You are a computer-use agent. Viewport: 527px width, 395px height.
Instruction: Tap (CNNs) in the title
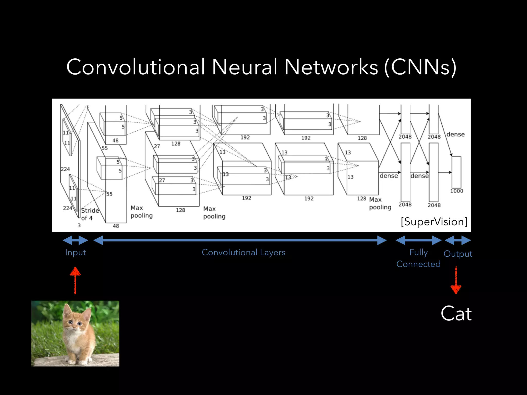coord(420,67)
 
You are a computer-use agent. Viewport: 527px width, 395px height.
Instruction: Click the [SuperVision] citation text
coord(434,222)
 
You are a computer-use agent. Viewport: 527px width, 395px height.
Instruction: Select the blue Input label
coord(75,252)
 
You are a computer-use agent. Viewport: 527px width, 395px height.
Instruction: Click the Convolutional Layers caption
coord(243,252)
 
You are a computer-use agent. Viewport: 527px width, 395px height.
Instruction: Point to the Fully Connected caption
coord(418,258)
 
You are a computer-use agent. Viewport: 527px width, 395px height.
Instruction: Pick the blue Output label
coord(458,254)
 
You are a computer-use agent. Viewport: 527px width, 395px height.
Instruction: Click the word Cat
coord(456,313)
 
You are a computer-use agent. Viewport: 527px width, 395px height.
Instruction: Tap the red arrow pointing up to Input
coord(75,280)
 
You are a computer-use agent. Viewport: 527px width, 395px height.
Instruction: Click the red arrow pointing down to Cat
coord(456,280)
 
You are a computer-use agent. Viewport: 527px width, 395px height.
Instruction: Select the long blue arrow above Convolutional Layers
coord(240,240)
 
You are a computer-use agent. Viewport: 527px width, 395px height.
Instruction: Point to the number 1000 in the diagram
coord(456,191)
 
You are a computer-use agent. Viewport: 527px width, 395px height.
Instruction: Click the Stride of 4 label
coord(90,214)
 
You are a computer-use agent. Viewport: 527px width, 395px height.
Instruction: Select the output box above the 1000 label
coord(456,172)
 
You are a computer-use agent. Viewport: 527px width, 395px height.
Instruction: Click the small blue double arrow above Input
coord(75,240)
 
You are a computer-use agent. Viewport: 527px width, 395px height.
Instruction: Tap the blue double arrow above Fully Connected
coord(418,240)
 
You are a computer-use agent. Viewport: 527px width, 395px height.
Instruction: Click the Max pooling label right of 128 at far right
coord(380,203)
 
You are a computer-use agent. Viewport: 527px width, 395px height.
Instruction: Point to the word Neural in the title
coord(244,67)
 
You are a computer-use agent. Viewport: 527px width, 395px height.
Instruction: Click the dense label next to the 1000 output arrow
coord(455,134)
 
